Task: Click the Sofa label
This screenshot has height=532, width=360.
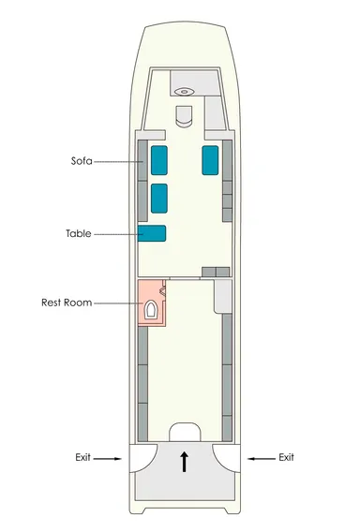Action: [x=82, y=160]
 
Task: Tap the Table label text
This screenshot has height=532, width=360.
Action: [x=79, y=233]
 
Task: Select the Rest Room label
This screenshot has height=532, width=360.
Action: [x=67, y=303]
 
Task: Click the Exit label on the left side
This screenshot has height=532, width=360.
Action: [x=82, y=457]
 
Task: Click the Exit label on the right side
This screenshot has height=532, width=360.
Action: [x=286, y=457]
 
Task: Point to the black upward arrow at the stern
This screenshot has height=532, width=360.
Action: [x=184, y=462]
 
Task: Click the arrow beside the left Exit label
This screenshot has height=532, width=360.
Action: [x=107, y=459]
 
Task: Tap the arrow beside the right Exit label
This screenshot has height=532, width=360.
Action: [x=262, y=459]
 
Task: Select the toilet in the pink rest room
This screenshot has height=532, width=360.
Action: [x=150, y=310]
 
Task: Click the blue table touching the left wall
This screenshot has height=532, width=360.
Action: [x=152, y=233]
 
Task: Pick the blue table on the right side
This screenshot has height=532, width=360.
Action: [x=210, y=160]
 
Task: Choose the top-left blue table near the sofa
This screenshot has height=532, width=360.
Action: [x=159, y=160]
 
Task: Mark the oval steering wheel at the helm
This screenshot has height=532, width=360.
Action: [x=184, y=91]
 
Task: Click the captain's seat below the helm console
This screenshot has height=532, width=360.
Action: [x=184, y=116]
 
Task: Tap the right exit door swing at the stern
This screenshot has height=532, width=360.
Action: [x=226, y=457]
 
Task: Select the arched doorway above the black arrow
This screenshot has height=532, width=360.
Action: [x=185, y=433]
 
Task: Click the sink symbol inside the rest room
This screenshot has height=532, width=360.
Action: [x=163, y=290]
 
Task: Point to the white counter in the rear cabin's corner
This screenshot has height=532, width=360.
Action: [x=223, y=296]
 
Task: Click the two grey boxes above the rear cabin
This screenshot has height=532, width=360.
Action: [x=216, y=272]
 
